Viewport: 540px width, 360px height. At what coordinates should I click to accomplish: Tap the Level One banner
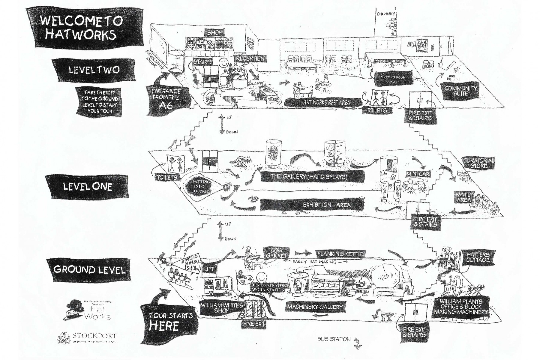[87, 187]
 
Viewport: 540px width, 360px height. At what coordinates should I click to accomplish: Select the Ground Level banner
[89, 269]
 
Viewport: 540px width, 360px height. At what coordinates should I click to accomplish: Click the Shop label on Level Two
[214, 33]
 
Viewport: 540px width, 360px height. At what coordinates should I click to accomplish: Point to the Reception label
[250, 59]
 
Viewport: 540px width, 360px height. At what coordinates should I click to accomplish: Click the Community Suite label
[460, 91]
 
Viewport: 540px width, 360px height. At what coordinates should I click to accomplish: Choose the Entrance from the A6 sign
[166, 97]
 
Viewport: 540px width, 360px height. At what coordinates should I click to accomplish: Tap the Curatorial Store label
[478, 163]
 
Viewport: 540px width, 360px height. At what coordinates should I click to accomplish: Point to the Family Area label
[464, 197]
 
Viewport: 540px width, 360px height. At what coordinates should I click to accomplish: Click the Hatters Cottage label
[478, 257]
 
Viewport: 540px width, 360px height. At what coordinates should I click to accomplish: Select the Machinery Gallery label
[314, 307]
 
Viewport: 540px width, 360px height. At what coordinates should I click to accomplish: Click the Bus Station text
[334, 339]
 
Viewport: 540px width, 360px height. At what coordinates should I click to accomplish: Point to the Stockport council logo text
[95, 336]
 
